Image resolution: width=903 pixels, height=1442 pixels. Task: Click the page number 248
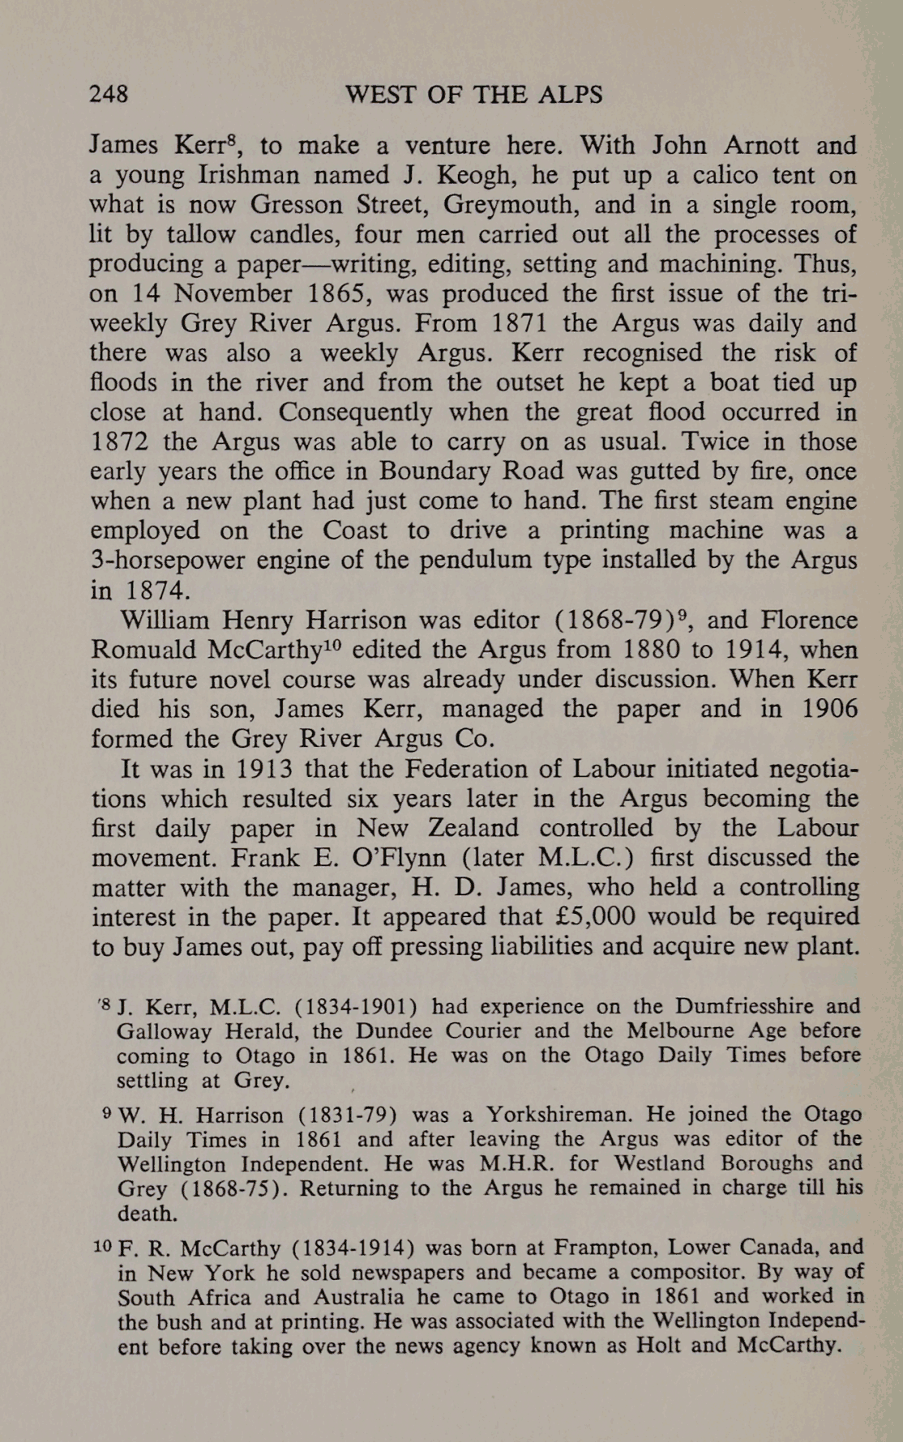[109, 95]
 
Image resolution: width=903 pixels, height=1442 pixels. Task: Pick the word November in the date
[228, 293]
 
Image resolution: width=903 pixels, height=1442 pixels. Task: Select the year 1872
[118, 442]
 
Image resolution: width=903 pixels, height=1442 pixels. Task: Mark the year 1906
[828, 709]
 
